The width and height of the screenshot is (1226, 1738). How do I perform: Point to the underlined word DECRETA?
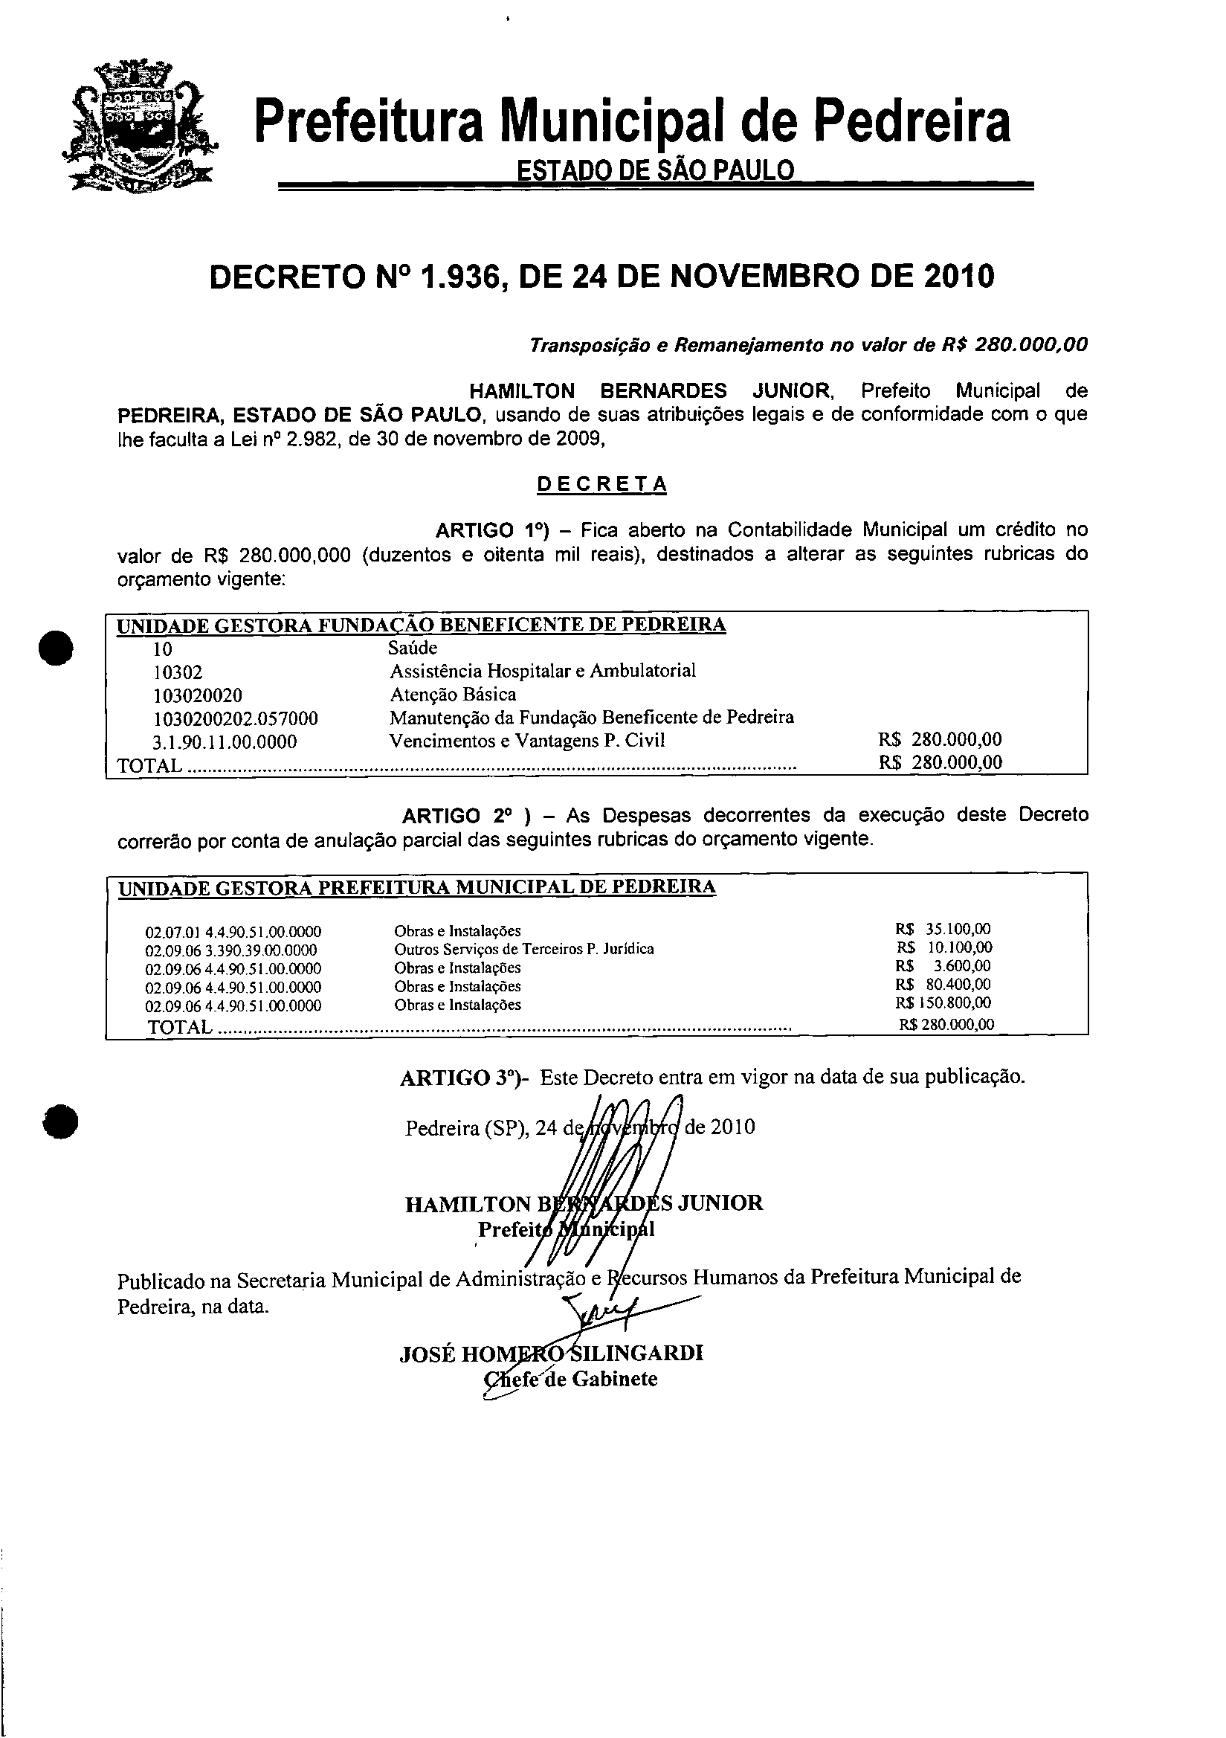[x=601, y=484]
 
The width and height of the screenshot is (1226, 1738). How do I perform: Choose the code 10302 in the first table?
[x=178, y=672]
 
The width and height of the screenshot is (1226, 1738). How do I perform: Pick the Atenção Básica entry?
[x=453, y=695]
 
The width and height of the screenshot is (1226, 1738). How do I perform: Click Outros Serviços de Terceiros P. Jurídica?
[x=523, y=949]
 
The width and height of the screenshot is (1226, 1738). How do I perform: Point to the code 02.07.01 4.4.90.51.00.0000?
[x=233, y=932]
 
